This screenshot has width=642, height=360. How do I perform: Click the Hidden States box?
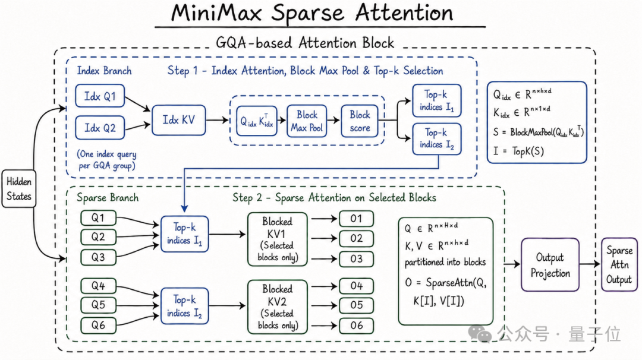[19, 188]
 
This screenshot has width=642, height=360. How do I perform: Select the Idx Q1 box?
[100, 96]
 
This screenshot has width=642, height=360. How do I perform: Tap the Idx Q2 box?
[100, 128]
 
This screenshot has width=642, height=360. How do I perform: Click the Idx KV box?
[178, 120]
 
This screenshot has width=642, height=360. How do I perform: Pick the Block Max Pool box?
[307, 121]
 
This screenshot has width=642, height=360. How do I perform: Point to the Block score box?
[360, 121]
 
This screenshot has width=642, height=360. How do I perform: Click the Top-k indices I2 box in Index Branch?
[437, 139]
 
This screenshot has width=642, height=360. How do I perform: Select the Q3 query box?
[98, 257]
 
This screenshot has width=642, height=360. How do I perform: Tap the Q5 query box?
[98, 305]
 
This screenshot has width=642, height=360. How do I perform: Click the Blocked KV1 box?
[277, 239]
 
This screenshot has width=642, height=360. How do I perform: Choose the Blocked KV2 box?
[277, 307]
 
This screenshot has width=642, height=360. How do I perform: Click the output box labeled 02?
[356, 238]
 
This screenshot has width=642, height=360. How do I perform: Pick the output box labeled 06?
[356, 326]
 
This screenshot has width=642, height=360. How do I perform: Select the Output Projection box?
[550, 265]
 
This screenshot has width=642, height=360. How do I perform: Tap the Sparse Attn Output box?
[619, 265]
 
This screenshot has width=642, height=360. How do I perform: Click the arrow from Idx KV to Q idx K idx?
[217, 120]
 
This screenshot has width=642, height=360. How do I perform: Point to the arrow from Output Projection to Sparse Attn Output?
[590, 264]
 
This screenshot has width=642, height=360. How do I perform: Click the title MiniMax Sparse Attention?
[312, 13]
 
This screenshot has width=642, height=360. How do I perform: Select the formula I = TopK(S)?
[518, 151]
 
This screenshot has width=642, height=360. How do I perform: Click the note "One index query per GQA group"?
[107, 160]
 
